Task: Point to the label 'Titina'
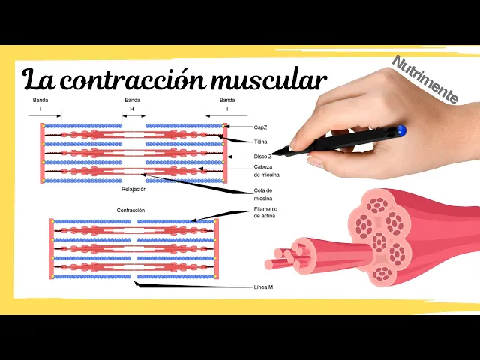[261, 141]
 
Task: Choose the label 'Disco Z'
[262, 157]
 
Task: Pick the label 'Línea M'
[263, 286]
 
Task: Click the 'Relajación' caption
[134, 190]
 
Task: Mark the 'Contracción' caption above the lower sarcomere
[130, 211]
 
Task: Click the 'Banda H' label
[133, 104]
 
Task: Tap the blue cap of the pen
[401, 130]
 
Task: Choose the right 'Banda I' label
[227, 104]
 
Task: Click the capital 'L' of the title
[32, 78]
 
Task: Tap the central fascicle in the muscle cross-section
[379, 241]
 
